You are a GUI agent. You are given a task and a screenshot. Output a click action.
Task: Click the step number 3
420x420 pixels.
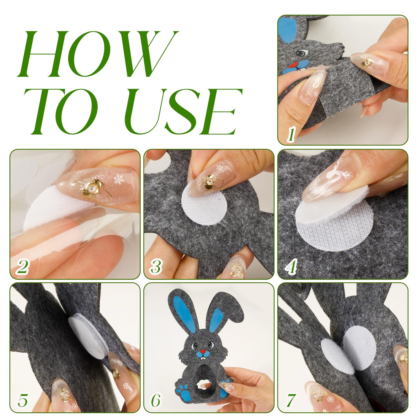point(156,267)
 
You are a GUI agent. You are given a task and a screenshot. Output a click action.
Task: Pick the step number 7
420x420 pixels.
point(291,401)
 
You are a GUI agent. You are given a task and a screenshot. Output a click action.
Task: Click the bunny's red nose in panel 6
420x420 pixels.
point(203,351)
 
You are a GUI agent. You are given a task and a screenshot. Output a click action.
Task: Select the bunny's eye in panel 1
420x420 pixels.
point(301,53)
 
